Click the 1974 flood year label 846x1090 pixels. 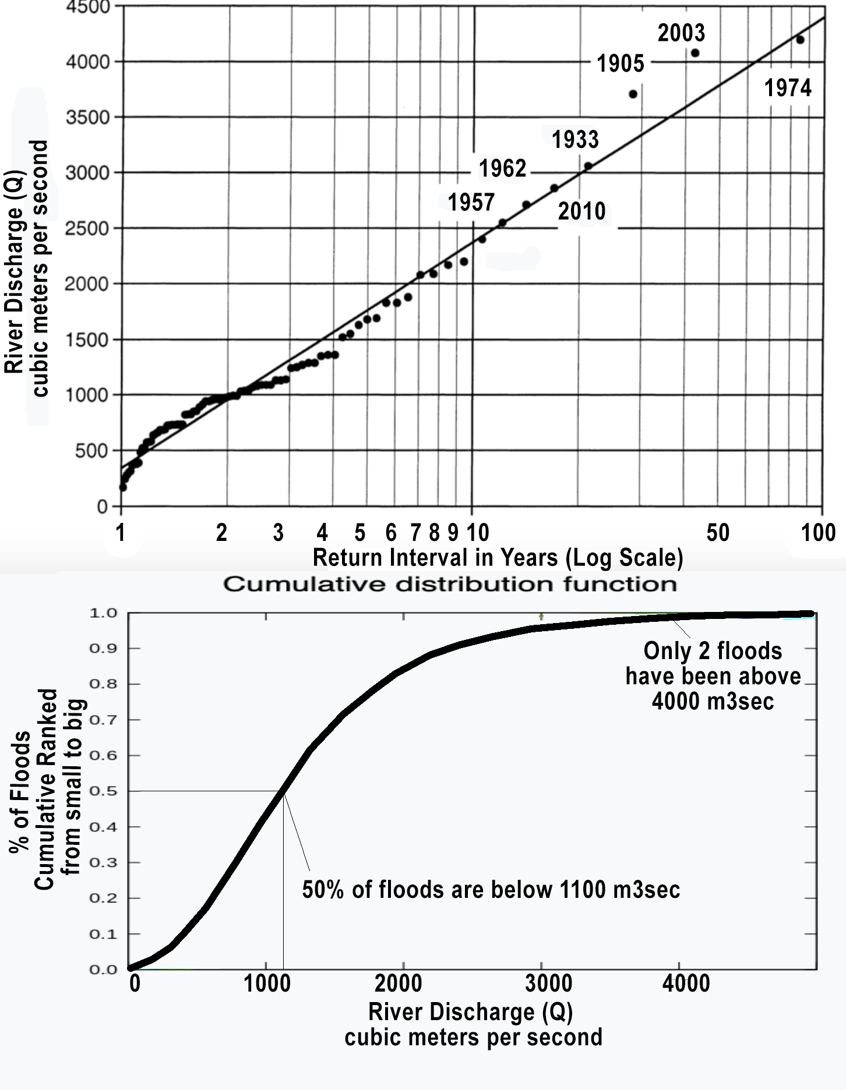(x=788, y=89)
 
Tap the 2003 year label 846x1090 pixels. (x=681, y=33)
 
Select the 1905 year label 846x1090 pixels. (x=621, y=63)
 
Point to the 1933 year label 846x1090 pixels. (x=575, y=140)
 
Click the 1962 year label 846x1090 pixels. (x=502, y=169)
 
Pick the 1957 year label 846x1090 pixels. (x=471, y=203)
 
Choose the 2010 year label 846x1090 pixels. (x=581, y=211)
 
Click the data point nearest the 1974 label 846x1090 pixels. (x=800, y=40)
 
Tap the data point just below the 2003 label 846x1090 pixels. (x=695, y=53)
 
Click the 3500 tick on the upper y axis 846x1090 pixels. (x=87, y=118)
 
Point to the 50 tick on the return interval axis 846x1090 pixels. (x=718, y=533)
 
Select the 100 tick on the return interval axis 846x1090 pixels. (x=818, y=533)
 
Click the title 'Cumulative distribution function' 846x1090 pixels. (x=450, y=584)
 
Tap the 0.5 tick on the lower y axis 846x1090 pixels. (x=103, y=791)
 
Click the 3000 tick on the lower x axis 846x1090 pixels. (x=548, y=983)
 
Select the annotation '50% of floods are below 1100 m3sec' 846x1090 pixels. (x=491, y=890)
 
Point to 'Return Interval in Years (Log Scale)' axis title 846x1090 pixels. (x=498, y=558)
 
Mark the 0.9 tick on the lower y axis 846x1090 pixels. (x=103, y=649)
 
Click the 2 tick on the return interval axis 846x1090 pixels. (x=221, y=533)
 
